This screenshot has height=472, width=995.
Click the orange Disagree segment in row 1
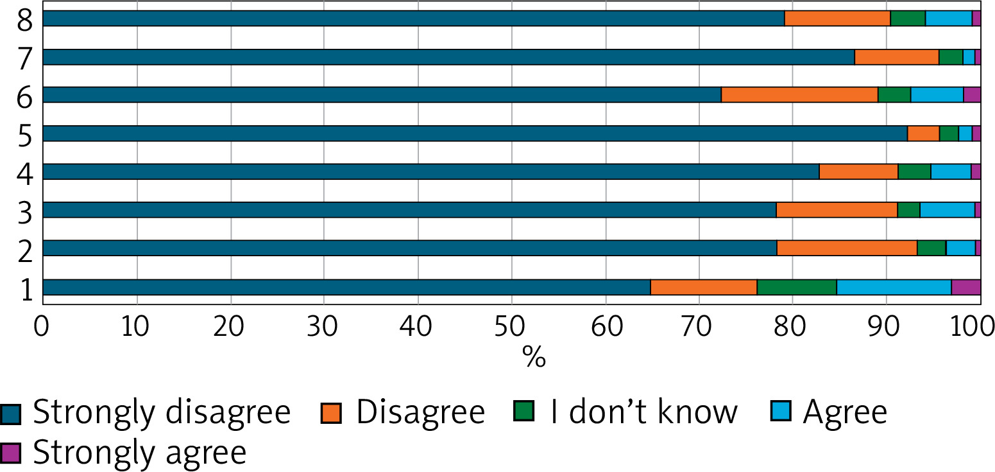coord(704,287)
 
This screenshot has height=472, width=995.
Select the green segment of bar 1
coord(797,287)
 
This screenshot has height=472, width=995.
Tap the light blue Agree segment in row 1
coord(894,287)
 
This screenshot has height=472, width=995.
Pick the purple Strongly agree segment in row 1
coord(965,287)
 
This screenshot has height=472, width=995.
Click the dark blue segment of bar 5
coord(475,134)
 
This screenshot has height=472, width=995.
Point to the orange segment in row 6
coord(799,95)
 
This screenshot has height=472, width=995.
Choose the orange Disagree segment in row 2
coord(847,248)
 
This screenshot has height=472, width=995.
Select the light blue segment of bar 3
coord(947,210)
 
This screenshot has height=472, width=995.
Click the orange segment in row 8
coord(837,19)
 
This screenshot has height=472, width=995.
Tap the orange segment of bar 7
coord(896,57)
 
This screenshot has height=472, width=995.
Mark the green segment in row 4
coord(914,171)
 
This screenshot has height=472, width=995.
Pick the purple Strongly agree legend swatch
coord(11,453)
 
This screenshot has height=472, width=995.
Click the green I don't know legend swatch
coord(525,412)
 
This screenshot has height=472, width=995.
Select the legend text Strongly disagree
coord(162,412)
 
